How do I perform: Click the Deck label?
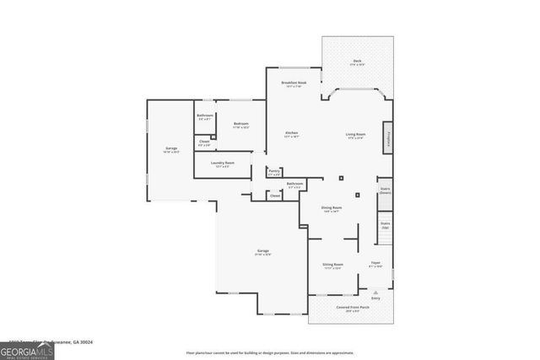click(x=357, y=62)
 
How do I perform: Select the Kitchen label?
click(x=291, y=134)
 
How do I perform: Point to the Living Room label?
click(x=355, y=134)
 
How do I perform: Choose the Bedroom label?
click(x=241, y=125)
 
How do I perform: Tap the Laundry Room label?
click(x=223, y=163)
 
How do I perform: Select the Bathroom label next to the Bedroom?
click(x=205, y=116)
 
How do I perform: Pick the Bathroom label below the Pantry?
click(x=294, y=184)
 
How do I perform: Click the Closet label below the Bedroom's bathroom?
click(x=204, y=142)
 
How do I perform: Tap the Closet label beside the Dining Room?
click(x=275, y=196)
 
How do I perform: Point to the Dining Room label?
click(x=332, y=208)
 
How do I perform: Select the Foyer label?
click(x=376, y=264)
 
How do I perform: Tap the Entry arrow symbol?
click(x=375, y=291)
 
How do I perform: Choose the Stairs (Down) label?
click(x=385, y=191)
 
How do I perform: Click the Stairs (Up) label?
click(x=385, y=225)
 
